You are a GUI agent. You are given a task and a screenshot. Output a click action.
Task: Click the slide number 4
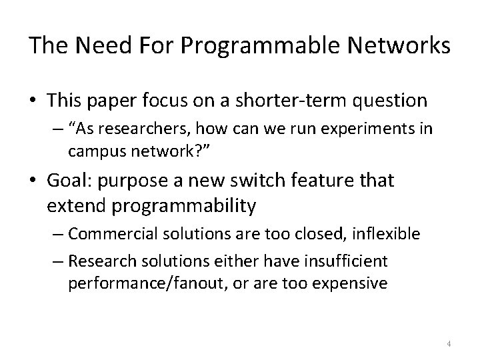(449, 344)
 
